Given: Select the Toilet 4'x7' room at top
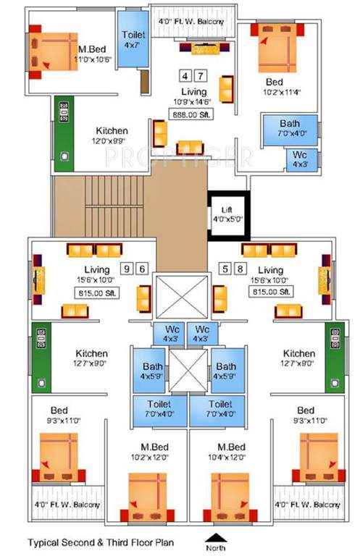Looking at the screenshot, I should pyautogui.click(x=133, y=39).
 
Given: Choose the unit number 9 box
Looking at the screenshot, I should pyautogui.click(x=127, y=269).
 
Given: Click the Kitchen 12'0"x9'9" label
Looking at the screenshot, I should pyautogui.click(x=111, y=135).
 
